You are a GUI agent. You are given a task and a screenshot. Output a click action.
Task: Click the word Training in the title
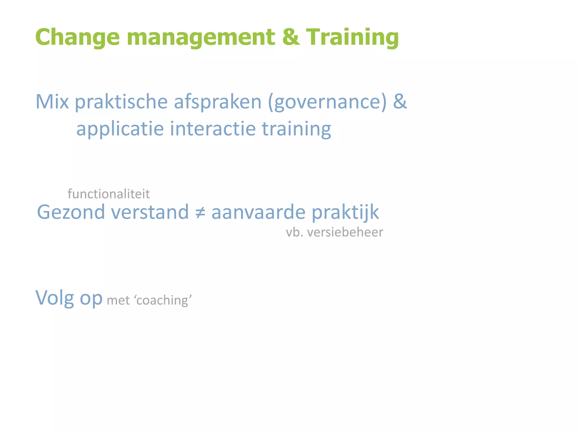[352, 37]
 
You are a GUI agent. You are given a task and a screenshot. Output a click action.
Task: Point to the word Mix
[52, 101]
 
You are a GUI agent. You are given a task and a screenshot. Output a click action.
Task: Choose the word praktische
[121, 102]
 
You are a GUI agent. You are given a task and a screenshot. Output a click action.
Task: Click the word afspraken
[218, 102]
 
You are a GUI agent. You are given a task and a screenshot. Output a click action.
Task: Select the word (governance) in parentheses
[327, 102]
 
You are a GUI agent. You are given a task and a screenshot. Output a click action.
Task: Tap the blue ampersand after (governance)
[399, 101]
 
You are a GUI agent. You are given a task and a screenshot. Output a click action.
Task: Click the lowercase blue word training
[296, 129]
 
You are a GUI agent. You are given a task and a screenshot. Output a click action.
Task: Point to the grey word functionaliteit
[109, 194]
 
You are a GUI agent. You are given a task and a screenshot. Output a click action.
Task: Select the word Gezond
[71, 212]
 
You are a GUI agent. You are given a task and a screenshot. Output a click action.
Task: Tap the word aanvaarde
[258, 212]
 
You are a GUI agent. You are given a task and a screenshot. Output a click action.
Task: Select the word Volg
[55, 298]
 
